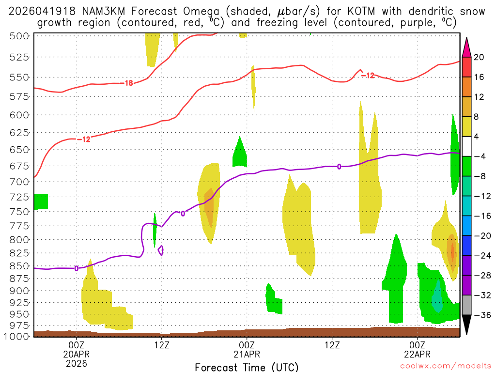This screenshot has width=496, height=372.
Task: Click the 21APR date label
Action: pos(247,354)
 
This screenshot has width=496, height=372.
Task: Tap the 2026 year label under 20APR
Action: pos(76,363)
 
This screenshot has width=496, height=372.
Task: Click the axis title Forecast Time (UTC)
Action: pos(247,367)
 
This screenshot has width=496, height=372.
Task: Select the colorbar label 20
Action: pos(480,57)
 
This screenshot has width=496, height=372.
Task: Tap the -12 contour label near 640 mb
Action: pos(85,139)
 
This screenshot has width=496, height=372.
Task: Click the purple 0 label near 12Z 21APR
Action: pos(339,167)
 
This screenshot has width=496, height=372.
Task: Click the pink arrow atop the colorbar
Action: pos(467,47)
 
